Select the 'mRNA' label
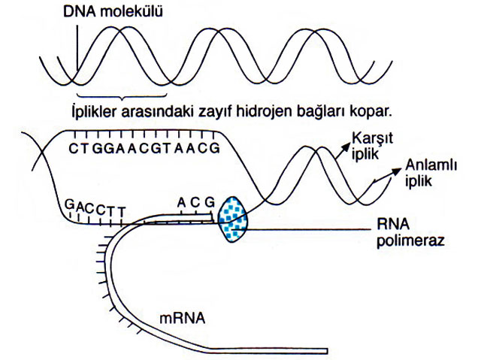point(181,318)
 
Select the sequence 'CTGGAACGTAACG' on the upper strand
point(144,148)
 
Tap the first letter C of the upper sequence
point(72,148)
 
